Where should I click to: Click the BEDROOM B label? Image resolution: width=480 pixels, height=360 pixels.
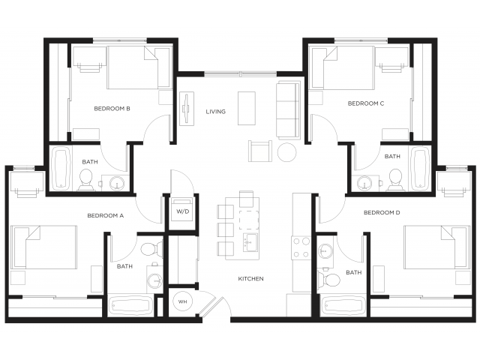click(x=112, y=109)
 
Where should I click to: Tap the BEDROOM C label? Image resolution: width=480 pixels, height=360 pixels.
click(x=366, y=103)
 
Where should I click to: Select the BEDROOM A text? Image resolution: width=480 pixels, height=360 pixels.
click(x=105, y=215)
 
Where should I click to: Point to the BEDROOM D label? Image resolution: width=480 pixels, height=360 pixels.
click(x=382, y=213)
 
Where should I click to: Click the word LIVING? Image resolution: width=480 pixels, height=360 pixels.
click(x=216, y=112)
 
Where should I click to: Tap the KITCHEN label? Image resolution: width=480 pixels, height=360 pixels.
click(x=250, y=279)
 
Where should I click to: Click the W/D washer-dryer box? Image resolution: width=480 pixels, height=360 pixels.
click(x=183, y=211)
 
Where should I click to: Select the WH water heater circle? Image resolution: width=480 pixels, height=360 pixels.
click(x=182, y=301)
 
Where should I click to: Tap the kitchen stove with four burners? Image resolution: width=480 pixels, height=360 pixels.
click(x=301, y=247)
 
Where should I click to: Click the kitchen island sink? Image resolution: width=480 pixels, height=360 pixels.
click(x=250, y=242)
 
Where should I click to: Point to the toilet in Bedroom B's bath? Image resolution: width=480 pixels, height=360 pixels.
click(x=86, y=178)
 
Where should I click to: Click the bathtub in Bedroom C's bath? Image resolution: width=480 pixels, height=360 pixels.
click(x=419, y=166)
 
